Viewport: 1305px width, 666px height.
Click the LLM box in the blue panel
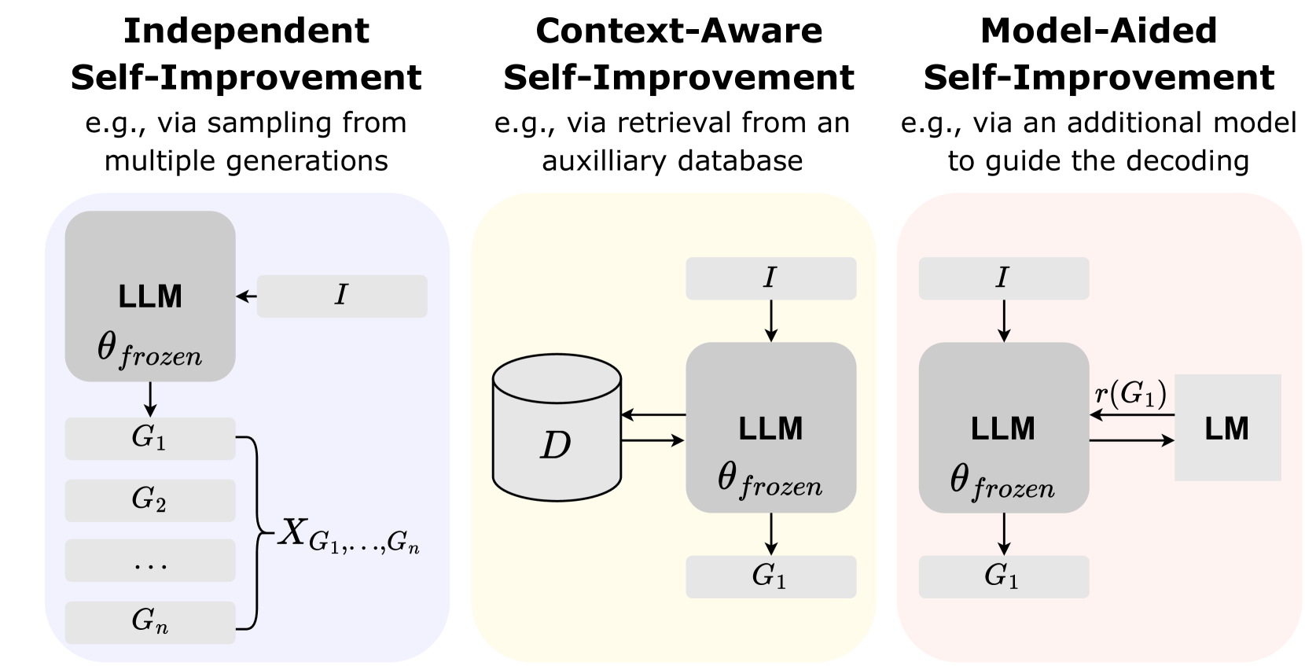pos(150,296)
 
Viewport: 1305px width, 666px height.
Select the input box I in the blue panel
pos(341,296)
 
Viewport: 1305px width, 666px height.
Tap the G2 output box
pos(150,500)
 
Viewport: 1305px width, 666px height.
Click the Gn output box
pos(150,622)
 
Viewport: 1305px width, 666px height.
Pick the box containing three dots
pos(150,561)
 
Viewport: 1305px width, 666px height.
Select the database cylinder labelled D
pos(556,429)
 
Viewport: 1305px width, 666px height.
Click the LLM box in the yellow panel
pos(770,429)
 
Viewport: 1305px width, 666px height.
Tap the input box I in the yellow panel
pos(770,278)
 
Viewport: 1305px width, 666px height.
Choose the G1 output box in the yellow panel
pos(770,577)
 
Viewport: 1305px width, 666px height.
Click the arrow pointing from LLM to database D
pos(652,414)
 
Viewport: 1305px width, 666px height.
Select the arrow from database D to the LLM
pos(652,441)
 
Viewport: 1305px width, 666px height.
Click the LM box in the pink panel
pos(1227,428)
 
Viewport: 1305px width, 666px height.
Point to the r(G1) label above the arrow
pos(1130,393)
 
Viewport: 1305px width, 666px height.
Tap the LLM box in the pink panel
pos(1003,429)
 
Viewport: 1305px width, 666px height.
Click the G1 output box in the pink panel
pos(1003,577)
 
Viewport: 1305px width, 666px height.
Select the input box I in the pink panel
pos(1003,278)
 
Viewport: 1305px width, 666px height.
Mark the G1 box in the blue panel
pos(150,439)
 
